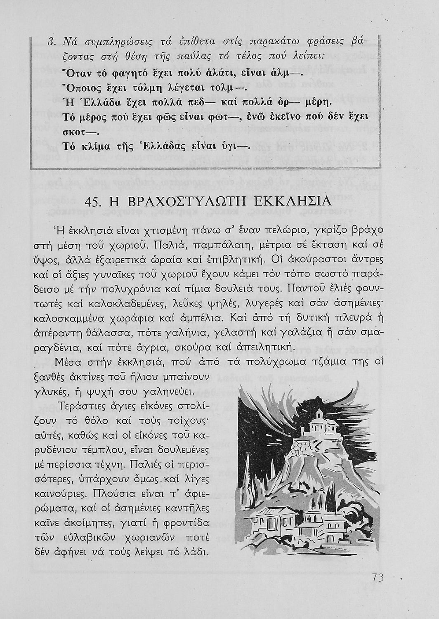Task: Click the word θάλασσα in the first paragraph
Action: click(x=108, y=331)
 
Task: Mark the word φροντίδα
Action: click(x=188, y=523)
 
